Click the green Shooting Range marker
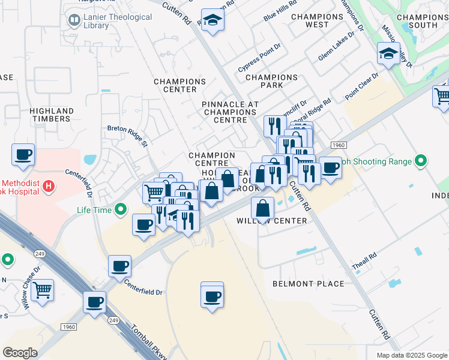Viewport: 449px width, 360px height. (421, 161)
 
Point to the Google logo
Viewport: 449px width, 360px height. (20, 353)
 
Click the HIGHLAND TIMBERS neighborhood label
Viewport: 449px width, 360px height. (52, 115)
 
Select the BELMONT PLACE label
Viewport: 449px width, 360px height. (308, 284)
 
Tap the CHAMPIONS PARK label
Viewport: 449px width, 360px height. (271, 81)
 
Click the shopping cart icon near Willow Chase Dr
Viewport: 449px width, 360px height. (42, 290)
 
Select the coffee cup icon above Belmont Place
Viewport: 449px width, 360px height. (212, 296)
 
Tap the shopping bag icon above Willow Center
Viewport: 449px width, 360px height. (263, 209)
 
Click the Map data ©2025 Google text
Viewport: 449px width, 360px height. (412, 355)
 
